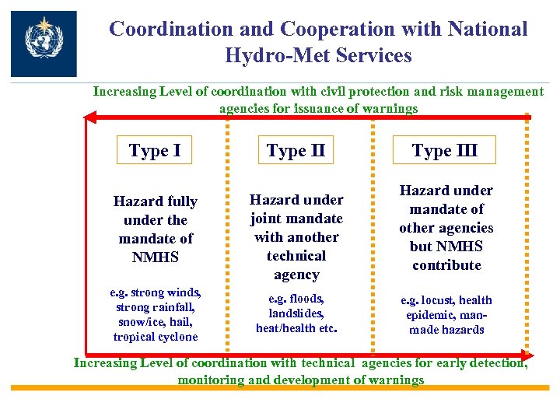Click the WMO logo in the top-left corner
coord(44,44)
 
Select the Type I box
coord(154,150)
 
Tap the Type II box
coord(296,150)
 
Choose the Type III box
coord(444,150)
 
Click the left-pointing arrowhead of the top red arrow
coord(89,118)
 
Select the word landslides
coord(296,313)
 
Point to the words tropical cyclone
coord(156,337)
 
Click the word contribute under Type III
coord(446,265)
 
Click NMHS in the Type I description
coord(156,257)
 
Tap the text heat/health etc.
coord(296,327)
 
